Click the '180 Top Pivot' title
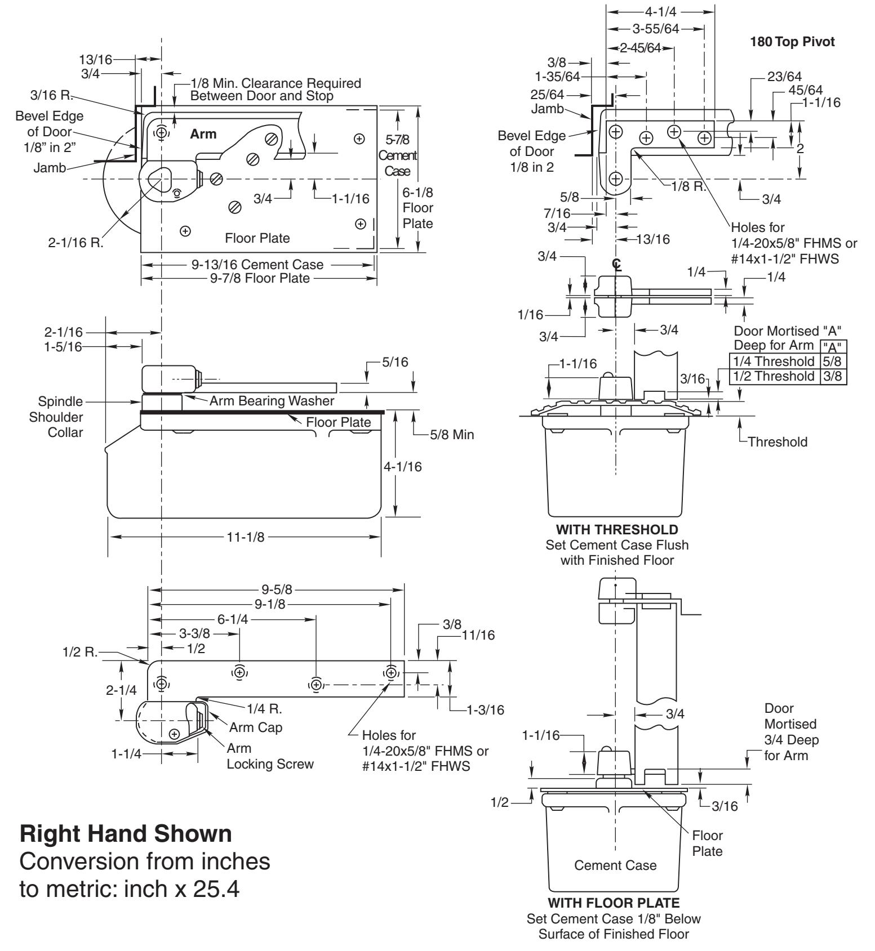[x=792, y=42]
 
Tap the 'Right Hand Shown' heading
[x=126, y=834]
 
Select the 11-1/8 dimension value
[x=246, y=537]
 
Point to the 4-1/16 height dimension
[x=403, y=467]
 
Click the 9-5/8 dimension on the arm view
[x=277, y=590]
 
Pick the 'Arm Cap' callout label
[x=256, y=727]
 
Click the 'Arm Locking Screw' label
[x=270, y=757]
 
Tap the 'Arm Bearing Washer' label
[x=272, y=401]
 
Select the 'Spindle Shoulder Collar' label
[x=60, y=417]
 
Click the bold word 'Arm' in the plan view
[x=203, y=135]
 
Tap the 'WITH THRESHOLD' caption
[x=617, y=530]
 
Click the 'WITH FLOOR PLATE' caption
[x=614, y=904]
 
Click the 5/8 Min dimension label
[x=452, y=435]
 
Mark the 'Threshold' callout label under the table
[x=778, y=442]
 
